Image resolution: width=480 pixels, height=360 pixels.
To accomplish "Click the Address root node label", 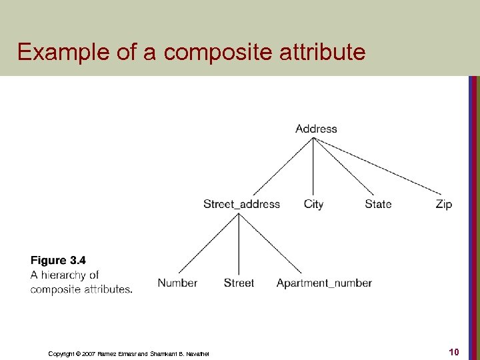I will pyautogui.click(x=316, y=129).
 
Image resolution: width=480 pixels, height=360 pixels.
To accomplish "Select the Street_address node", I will pyautogui.click(x=241, y=204).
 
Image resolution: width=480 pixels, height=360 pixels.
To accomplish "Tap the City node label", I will pyautogui.click(x=313, y=204).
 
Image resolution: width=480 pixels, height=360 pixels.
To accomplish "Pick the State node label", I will pyautogui.click(x=378, y=204).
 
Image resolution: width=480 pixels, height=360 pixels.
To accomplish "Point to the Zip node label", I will pyautogui.click(x=443, y=204).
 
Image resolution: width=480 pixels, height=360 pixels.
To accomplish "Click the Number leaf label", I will pyautogui.click(x=177, y=283).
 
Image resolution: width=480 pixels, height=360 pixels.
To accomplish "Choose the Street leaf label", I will pyautogui.click(x=239, y=283).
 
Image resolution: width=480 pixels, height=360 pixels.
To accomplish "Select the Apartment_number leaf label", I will pyautogui.click(x=324, y=283).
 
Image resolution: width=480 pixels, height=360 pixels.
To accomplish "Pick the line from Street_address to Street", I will pyautogui.click(x=239, y=243).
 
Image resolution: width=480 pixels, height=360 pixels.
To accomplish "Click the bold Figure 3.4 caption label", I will pyautogui.click(x=58, y=261).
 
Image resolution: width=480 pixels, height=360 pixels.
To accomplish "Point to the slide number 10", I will pyautogui.click(x=454, y=351).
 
